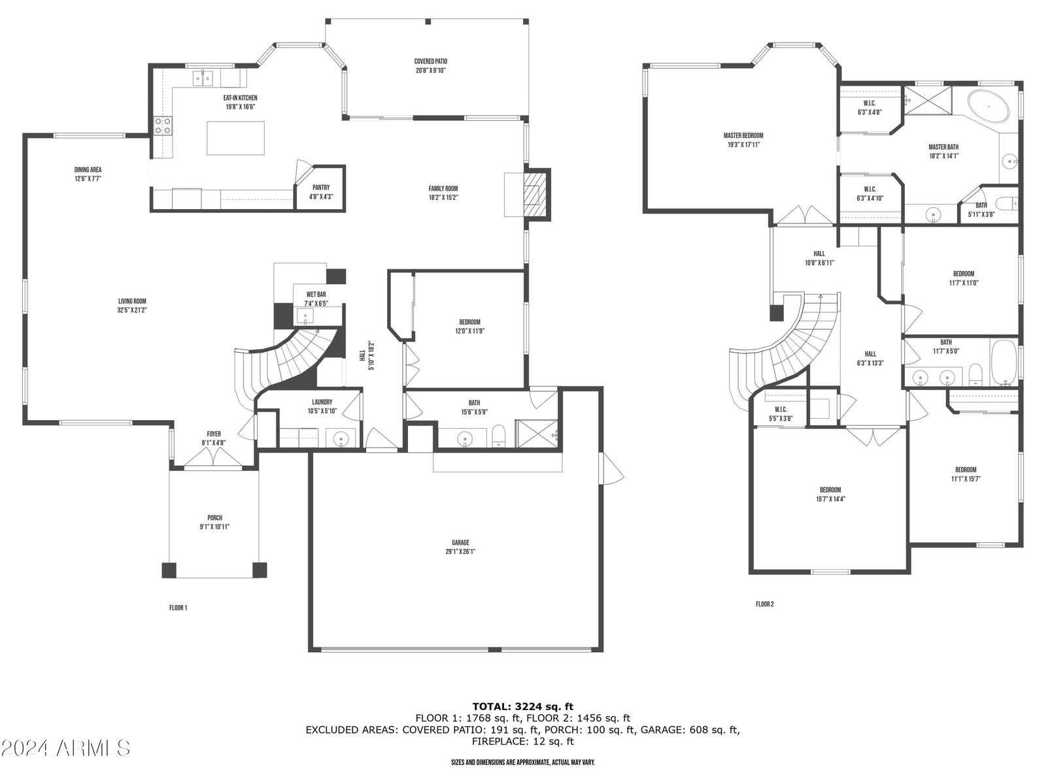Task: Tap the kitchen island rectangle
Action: click(x=235, y=138)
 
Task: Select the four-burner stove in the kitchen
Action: click(x=163, y=125)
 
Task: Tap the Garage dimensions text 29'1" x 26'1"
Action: click(x=460, y=551)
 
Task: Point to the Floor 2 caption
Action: click(x=764, y=604)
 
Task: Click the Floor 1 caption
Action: click(x=178, y=608)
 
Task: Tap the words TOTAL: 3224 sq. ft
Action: click(x=523, y=706)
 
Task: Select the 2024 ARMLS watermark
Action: click(x=65, y=748)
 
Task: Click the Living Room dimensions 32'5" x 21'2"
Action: click(x=132, y=310)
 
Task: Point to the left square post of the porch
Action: click(x=169, y=570)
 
